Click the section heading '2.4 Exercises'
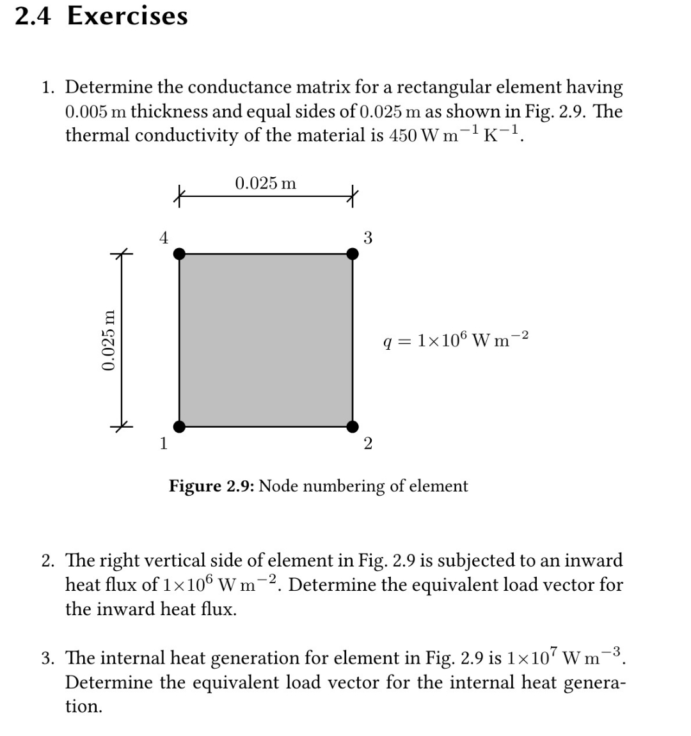101,15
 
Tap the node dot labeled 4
180,254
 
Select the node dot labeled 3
353,254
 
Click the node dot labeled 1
180,426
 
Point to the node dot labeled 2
353,426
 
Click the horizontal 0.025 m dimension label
266,184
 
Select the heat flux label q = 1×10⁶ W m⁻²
455,339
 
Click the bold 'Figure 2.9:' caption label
212,486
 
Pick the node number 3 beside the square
368,238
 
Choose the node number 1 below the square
164,442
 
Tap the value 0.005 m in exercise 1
96,111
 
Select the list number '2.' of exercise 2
49,561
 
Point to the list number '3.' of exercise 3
49,658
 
